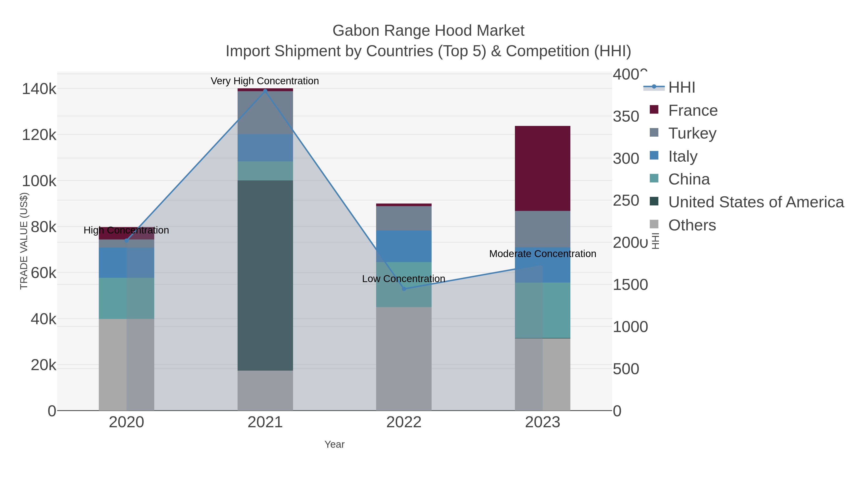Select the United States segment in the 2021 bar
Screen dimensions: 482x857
pyautogui.click(x=265, y=275)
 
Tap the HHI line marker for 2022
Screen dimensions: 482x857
pyautogui.click(x=404, y=289)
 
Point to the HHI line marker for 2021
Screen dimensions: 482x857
pyautogui.click(x=265, y=91)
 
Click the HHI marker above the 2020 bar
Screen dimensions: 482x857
pyautogui.click(x=126, y=240)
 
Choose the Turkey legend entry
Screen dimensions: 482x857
pyautogui.click(x=692, y=133)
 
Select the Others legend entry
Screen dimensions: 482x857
pyautogui.click(x=692, y=225)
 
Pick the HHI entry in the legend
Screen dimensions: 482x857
pyautogui.click(x=681, y=88)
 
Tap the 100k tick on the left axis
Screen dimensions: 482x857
pyautogui.click(x=39, y=181)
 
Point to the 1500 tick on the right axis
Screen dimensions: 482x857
pyautogui.click(x=630, y=285)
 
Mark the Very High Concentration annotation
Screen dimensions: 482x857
pyautogui.click(x=265, y=81)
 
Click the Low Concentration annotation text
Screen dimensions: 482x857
pyautogui.click(x=404, y=279)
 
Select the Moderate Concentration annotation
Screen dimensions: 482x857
pyautogui.click(x=543, y=254)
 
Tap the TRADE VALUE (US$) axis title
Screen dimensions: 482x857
pyautogui.click(x=24, y=241)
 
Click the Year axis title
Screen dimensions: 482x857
pyautogui.click(x=334, y=444)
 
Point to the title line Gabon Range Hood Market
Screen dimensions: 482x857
pyautogui.click(x=428, y=31)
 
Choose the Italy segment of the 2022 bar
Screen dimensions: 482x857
pyautogui.click(x=404, y=246)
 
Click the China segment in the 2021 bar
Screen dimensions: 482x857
pyautogui.click(x=265, y=171)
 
